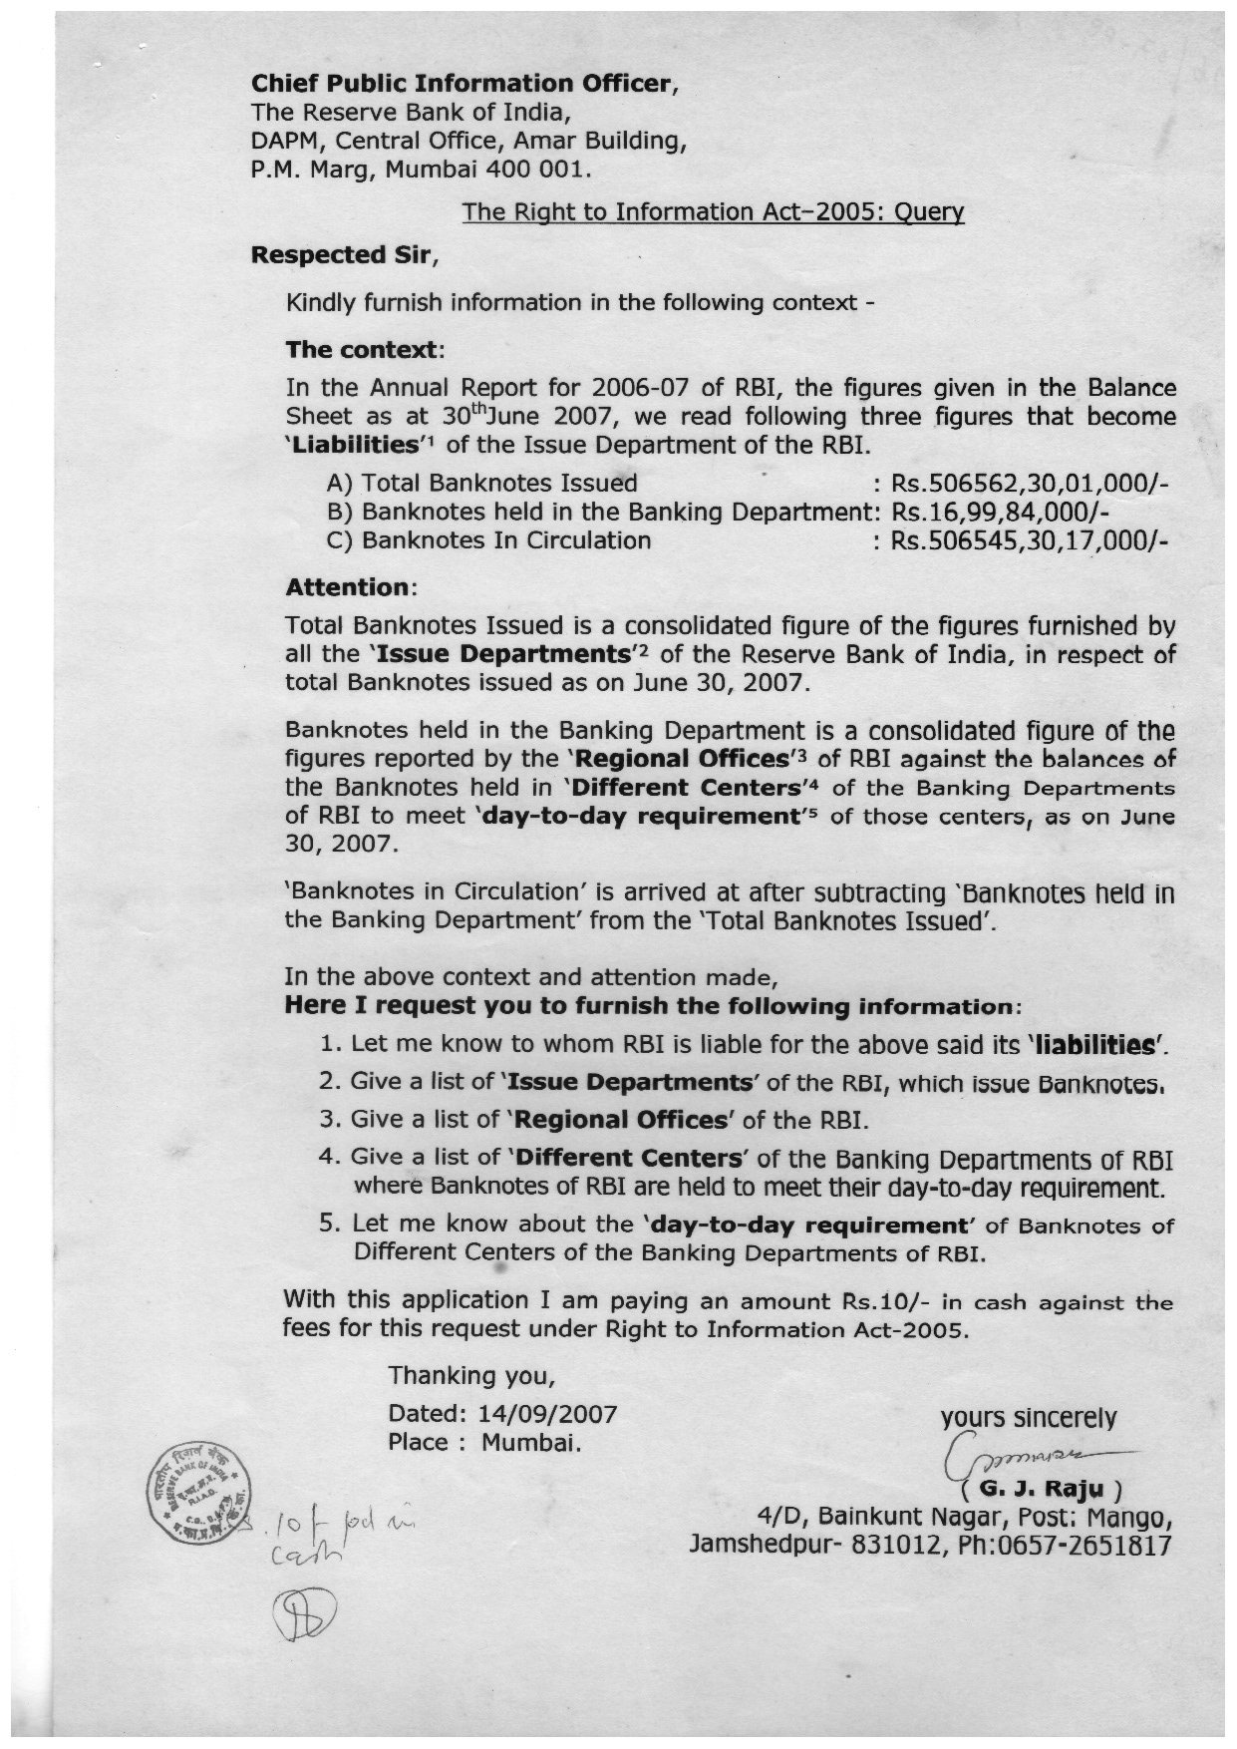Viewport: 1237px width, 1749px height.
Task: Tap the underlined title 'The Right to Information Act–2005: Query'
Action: pyautogui.click(x=713, y=211)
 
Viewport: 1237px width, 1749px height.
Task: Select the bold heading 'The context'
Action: pyautogui.click(x=362, y=351)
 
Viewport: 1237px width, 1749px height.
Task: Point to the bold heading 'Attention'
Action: pyautogui.click(x=348, y=587)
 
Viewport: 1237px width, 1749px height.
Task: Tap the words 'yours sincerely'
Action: pyautogui.click(x=1028, y=1418)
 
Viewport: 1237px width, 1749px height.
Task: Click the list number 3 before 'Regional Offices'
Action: pyautogui.click(x=327, y=1119)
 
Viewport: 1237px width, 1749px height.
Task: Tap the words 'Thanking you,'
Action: pyautogui.click(x=470, y=1376)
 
